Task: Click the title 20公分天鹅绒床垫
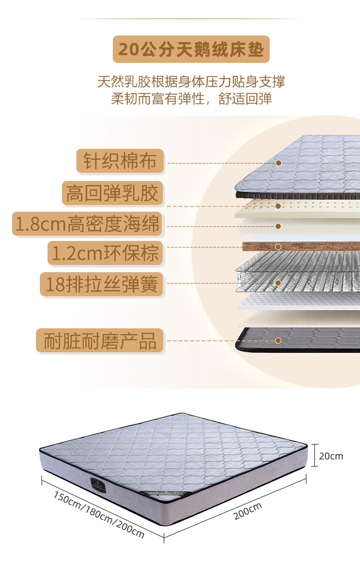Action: pos(191,49)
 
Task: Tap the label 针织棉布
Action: pos(120,161)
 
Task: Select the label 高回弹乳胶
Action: pos(112,193)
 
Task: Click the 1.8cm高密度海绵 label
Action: pos(87,224)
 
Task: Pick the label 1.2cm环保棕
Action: pos(105,253)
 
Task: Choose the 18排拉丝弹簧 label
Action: pos(101,284)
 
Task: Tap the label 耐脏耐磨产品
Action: pos(100,341)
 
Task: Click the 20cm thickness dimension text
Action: pos(331,456)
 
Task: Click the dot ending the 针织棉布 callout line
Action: pos(278,163)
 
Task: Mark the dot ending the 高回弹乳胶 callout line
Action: pos(278,206)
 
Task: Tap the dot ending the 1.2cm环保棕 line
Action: pos(278,247)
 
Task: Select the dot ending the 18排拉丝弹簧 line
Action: pos(278,283)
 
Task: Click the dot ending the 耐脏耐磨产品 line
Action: pos(278,340)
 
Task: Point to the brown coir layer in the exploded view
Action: pos(307,246)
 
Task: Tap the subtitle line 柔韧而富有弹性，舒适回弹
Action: pos(191,99)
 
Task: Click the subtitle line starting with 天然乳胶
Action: pos(191,81)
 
